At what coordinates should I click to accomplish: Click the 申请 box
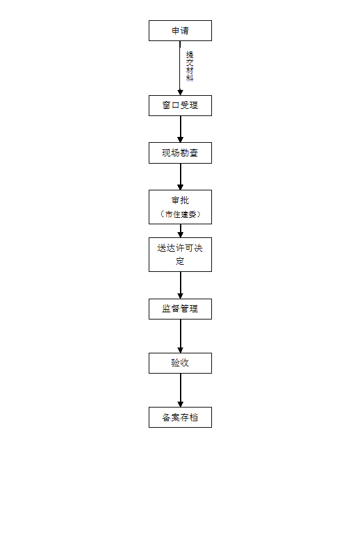(x=180, y=31)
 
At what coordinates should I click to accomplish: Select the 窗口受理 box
(x=180, y=106)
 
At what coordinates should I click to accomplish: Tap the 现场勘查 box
(x=180, y=153)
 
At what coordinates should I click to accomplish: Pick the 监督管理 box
(x=180, y=309)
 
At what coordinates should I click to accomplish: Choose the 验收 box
(x=180, y=363)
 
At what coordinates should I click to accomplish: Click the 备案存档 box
(x=180, y=417)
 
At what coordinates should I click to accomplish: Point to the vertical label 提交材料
(x=189, y=66)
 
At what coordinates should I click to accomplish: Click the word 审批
(x=180, y=200)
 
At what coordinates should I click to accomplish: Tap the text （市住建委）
(x=180, y=214)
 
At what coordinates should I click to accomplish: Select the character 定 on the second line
(x=180, y=261)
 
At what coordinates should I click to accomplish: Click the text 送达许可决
(x=180, y=248)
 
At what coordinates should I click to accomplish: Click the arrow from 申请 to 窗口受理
(x=180, y=68)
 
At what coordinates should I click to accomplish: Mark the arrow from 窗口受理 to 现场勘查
(x=181, y=129)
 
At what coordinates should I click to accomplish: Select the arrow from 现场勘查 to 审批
(x=181, y=177)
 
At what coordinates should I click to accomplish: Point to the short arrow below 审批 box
(x=181, y=231)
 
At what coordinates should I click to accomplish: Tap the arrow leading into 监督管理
(x=181, y=285)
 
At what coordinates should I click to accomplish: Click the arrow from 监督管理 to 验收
(x=181, y=336)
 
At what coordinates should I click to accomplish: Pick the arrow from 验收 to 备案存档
(x=181, y=390)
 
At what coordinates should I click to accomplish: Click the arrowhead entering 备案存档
(x=181, y=404)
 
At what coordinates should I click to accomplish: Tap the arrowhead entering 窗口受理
(x=181, y=93)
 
